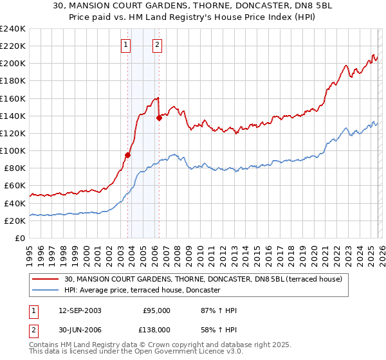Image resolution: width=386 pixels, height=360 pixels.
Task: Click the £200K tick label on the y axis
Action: pyautogui.click(x=13, y=64)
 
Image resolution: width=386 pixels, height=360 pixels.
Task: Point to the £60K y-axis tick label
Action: pyautogui.click(x=15, y=186)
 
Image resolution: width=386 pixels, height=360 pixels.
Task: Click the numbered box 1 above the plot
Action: pyautogui.click(x=125, y=45)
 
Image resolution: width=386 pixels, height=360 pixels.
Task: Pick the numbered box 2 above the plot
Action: pyautogui.click(x=157, y=45)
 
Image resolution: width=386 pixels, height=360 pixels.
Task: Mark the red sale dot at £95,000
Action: pyautogui.click(x=128, y=155)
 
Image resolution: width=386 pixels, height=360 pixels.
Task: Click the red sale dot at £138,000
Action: pyautogui.click(x=160, y=117)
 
